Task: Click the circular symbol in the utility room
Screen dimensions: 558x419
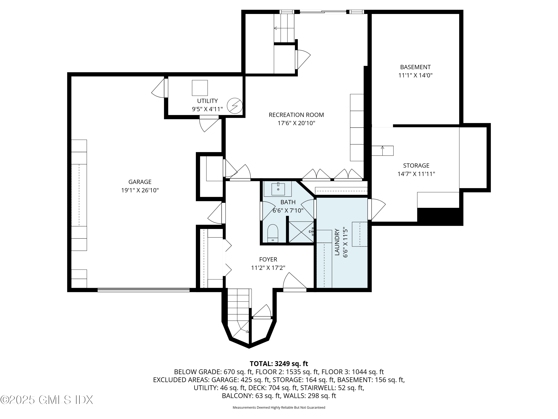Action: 235,106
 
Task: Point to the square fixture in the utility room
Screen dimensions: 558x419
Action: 200,88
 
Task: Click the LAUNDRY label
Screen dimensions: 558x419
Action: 337,242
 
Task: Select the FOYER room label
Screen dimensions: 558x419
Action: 268,259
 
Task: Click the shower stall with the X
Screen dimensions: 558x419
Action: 301,232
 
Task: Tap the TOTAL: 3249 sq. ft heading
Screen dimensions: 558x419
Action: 279,364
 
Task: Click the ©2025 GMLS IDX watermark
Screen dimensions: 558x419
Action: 47,400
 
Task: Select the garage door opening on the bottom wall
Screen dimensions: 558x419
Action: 144,290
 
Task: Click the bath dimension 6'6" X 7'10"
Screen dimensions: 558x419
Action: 288,210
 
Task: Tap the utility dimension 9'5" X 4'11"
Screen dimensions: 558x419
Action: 207,109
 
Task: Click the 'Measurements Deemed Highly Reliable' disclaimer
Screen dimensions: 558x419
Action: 279,407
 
